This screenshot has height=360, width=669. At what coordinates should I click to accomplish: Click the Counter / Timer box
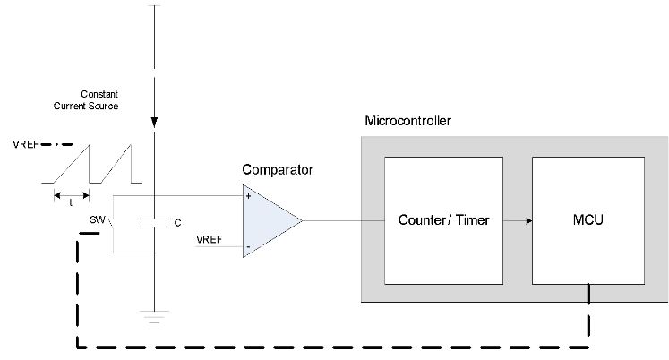tap(443, 219)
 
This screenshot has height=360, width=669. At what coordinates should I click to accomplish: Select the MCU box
tap(588, 219)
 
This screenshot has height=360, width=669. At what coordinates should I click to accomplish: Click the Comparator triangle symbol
tap(270, 220)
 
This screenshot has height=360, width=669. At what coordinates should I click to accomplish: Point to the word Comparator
tap(278, 169)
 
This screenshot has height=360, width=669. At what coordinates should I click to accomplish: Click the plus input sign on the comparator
tap(248, 195)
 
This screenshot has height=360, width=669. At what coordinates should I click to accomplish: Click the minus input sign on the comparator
tap(248, 245)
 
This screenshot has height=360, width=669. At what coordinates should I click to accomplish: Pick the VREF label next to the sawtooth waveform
tap(25, 143)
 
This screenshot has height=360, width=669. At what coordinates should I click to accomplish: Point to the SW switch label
tap(96, 219)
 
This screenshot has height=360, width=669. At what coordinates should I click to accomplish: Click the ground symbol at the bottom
tap(155, 314)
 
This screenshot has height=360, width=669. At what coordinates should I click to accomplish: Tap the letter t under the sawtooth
tap(71, 202)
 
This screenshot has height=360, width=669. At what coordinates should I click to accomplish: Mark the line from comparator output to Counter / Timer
tap(344, 220)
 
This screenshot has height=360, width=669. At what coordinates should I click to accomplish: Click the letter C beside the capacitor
tap(177, 222)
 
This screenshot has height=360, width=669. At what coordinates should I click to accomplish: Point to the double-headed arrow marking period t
tap(71, 193)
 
